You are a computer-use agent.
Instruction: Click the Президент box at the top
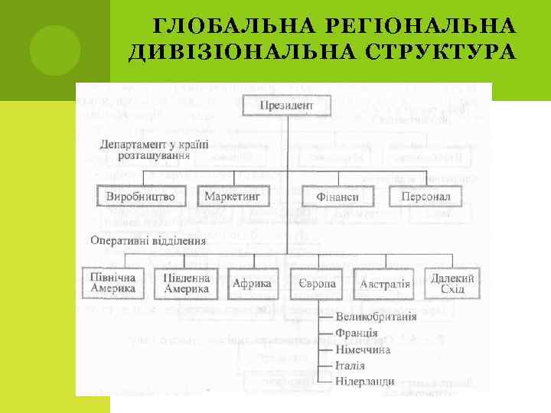287,105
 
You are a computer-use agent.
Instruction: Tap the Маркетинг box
233,197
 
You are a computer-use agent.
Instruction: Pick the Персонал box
425,197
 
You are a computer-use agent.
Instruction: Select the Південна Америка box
186,283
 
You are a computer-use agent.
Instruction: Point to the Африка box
251,283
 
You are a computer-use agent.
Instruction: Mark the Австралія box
385,283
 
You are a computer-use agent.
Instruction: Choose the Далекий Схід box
452,283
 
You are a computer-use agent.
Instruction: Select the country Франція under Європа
357,333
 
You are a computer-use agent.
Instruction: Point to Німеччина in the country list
364,350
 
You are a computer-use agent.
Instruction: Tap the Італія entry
350,366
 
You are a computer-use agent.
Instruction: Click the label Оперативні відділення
148,239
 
